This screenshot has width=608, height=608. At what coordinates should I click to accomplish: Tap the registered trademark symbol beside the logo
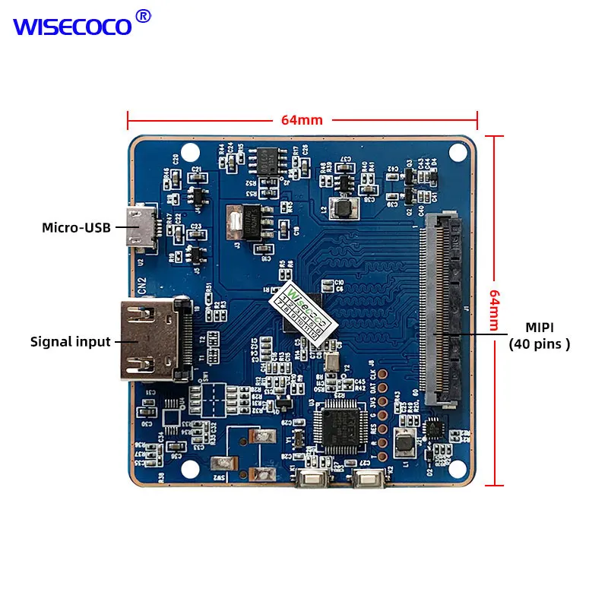tap(143, 16)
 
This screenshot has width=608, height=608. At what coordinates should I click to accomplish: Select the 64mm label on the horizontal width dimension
tap(302, 119)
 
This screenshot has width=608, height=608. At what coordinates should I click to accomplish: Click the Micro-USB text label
tap(76, 226)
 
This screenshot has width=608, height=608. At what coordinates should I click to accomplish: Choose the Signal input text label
tap(71, 341)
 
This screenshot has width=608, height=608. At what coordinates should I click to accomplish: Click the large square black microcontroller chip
tap(337, 426)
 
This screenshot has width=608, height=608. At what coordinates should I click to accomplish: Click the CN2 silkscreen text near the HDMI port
tap(142, 286)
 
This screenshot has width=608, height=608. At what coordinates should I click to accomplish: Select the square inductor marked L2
tap(344, 207)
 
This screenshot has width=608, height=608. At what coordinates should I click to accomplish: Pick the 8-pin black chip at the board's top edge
tap(267, 160)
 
